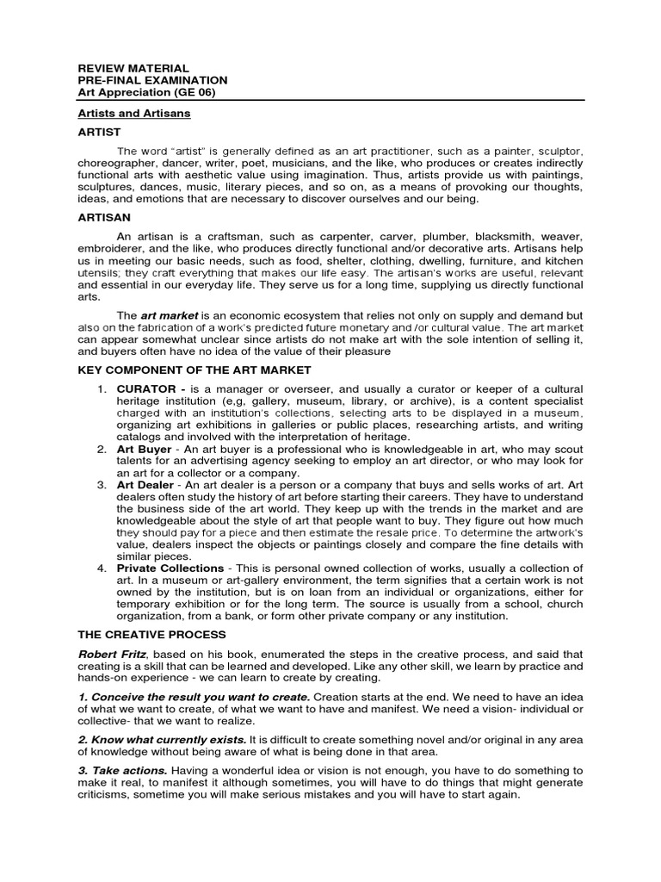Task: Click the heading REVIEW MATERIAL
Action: coord(133,68)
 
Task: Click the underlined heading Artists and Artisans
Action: coord(133,113)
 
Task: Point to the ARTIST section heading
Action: coord(99,132)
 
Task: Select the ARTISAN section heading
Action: coord(104,218)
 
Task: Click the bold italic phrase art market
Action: coord(169,315)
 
